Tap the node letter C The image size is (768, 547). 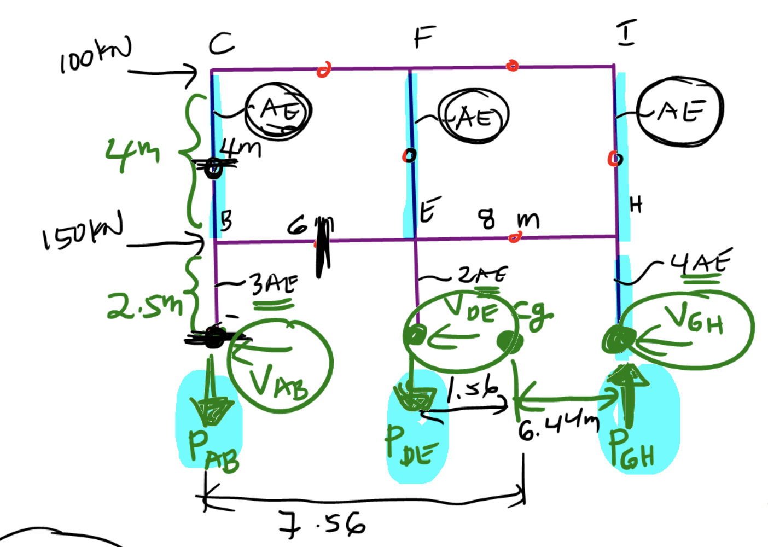coord(222,43)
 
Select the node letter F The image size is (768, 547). coord(424,37)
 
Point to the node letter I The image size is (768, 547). coord(626,32)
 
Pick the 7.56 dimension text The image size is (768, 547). coord(322,523)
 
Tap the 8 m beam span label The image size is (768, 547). coord(509,219)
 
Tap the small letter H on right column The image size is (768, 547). coord(636,205)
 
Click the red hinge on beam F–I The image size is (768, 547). coord(512,66)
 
